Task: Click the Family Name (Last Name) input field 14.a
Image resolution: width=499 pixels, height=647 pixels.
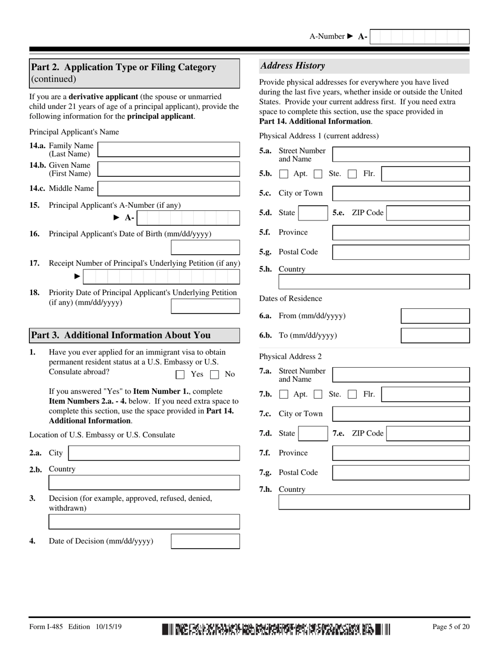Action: click(x=169, y=149)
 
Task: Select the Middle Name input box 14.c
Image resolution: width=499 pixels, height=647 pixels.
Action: click(x=169, y=188)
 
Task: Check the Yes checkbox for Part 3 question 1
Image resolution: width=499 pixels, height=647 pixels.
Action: click(x=180, y=375)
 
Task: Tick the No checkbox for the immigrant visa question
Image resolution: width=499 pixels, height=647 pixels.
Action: click(x=214, y=375)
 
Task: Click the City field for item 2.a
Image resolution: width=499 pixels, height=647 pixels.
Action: click(x=154, y=453)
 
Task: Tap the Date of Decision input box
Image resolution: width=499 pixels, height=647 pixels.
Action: click(x=205, y=541)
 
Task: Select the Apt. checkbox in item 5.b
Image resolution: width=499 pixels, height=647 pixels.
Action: click(x=284, y=174)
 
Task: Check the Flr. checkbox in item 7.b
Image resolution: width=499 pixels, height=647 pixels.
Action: click(x=352, y=395)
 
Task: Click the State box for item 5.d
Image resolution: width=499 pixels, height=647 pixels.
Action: click(x=313, y=213)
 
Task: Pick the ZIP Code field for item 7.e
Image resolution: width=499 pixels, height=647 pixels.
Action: click(x=428, y=434)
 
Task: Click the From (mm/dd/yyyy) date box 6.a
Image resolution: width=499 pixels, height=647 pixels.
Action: click(x=435, y=316)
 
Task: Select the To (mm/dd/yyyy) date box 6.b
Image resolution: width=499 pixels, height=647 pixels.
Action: click(x=435, y=336)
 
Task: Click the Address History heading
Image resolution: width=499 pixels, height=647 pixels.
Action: click(x=293, y=66)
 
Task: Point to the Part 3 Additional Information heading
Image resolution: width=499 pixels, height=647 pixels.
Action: click(x=121, y=335)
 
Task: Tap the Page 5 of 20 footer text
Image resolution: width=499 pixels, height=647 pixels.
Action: click(x=451, y=626)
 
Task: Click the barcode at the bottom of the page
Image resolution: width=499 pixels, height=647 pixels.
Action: click(x=276, y=629)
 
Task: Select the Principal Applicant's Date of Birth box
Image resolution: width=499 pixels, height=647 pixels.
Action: click(x=205, y=247)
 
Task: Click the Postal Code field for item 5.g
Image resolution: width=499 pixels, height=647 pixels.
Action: click(x=401, y=252)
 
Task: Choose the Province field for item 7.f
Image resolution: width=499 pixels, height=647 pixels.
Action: click(x=401, y=453)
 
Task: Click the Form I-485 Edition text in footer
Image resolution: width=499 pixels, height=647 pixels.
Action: click(x=67, y=626)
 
